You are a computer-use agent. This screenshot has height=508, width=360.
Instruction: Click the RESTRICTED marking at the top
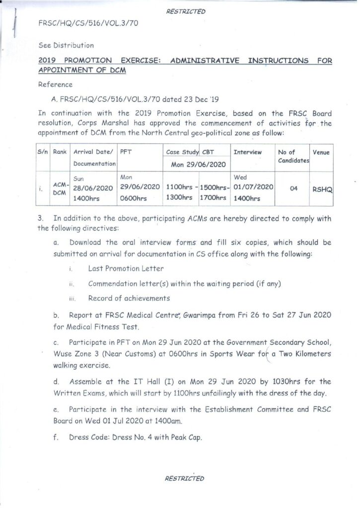[x=186, y=11]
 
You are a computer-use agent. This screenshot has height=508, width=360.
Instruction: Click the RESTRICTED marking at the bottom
[x=184, y=478]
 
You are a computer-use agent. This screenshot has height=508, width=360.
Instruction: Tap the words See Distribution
[x=66, y=45]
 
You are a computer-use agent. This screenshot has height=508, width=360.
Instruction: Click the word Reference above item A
[x=55, y=85]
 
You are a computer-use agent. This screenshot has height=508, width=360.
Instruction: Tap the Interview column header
[x=247, y=152]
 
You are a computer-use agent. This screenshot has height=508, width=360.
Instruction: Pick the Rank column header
[x=60, y=152]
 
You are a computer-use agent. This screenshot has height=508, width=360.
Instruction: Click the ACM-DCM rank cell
[x=60, y=189]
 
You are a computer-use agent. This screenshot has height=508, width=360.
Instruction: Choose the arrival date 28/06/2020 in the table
[x=94, y=188]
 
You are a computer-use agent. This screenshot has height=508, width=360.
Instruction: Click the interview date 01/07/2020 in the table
[x=253, y=187]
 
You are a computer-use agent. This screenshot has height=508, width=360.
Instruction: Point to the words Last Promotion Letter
[x=126, y=268]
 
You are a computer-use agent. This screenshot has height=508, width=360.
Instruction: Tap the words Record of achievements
[x=129, y=298]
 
